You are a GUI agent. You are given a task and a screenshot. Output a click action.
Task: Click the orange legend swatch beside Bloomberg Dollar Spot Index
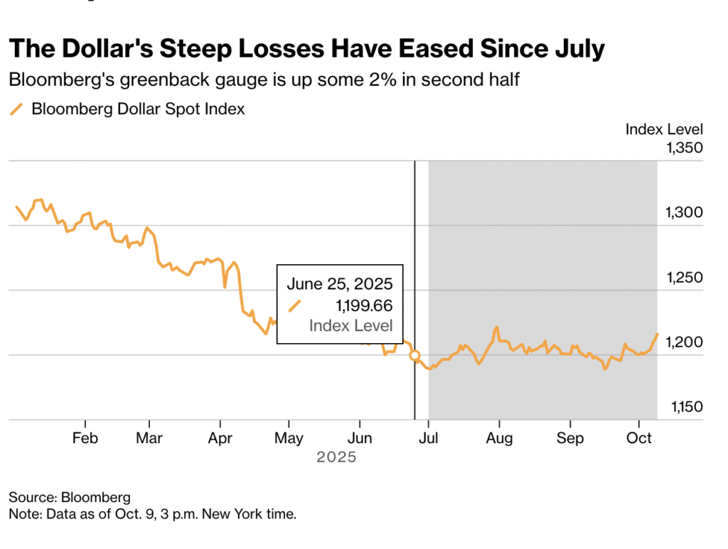[16, 109]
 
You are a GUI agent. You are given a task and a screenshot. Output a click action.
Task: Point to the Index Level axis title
[664, 129]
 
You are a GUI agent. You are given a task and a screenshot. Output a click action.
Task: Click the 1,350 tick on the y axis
[684, 148]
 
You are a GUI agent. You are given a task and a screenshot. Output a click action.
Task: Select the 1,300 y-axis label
[684, 213]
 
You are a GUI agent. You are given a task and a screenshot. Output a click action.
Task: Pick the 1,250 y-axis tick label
[684, 278]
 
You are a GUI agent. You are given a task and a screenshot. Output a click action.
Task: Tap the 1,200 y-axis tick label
[684, 342]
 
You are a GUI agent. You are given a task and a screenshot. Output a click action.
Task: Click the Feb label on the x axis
[85, 438]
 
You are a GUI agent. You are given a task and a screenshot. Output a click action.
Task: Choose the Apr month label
[220, 438]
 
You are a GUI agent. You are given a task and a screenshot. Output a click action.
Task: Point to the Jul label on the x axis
[428, 438]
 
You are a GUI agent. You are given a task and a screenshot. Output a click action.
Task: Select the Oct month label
[639, 438]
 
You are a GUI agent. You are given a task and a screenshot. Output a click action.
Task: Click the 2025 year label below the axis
[336, 458]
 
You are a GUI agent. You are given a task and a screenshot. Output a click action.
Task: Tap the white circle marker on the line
[414, 355]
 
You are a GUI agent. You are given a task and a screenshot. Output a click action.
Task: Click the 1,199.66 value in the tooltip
[363, 305]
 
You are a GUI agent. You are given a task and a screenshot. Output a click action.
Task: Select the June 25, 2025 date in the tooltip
[340, 284]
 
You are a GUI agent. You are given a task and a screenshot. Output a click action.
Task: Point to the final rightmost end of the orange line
[657, 334]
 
